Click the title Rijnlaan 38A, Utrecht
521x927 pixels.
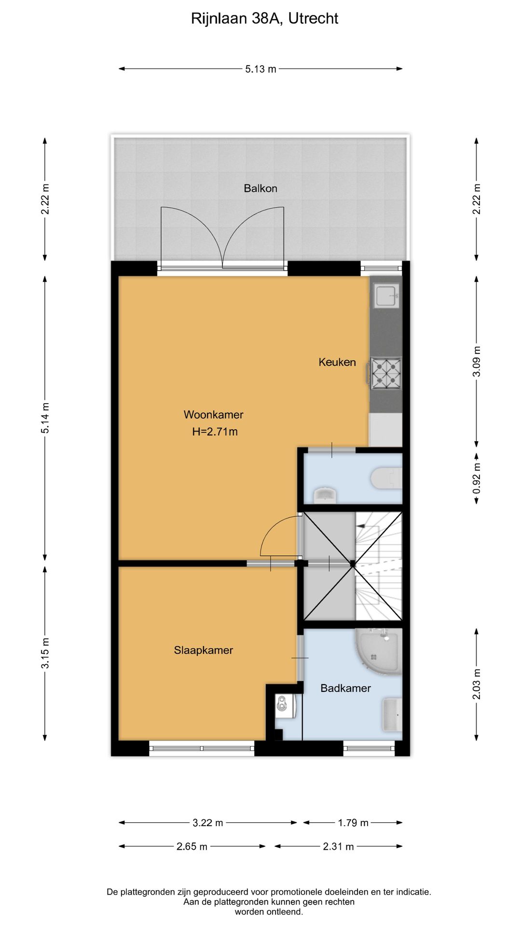264,18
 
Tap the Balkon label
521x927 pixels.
260,188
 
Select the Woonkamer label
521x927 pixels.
213,415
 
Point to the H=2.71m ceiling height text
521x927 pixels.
215,432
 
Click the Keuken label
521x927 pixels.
337,362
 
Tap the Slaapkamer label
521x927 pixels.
203,650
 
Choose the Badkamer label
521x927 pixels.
345,688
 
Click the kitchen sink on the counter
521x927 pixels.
386,295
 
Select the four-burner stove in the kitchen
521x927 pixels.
386,373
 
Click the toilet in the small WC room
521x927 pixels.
387,478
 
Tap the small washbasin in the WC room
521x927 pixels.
325,495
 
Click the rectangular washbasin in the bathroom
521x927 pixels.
392,715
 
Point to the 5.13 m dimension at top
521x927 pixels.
260,69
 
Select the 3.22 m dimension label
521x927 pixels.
207,823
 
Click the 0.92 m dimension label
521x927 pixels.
477,478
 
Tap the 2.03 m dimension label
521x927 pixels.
477,684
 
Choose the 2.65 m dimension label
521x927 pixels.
192,846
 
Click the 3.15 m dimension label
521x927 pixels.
45,653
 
